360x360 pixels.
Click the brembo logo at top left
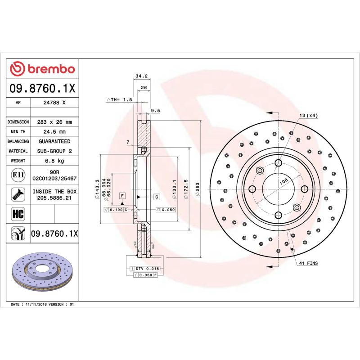(42, 69)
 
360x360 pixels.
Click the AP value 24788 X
(54, 103)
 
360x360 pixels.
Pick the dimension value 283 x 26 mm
(54, 122)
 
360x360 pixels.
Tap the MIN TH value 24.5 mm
(54, 132)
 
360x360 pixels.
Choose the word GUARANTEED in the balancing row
(54, 141)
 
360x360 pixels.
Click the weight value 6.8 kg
(54, 161)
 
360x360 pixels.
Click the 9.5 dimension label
(156, 110)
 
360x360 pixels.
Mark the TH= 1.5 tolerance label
(119, 99)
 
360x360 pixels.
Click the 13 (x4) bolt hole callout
(309, 116)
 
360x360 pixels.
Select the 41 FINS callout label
(308, 263)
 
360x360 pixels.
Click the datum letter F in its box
(121, 195)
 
